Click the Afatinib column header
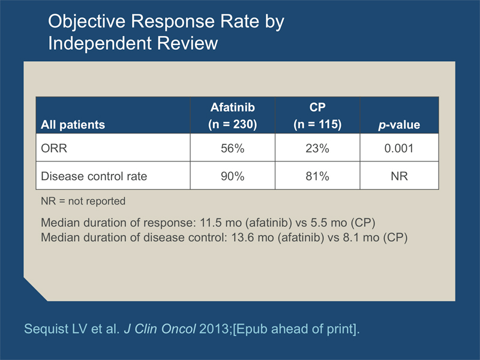232,116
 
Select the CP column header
317,116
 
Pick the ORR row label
54,148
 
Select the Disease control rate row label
94,176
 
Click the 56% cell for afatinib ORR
232,148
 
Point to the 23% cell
317,148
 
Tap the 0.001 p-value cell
399,148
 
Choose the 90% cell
232,176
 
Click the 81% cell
317,176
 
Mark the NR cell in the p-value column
399,176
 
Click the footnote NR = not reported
83,201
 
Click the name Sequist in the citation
46,329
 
